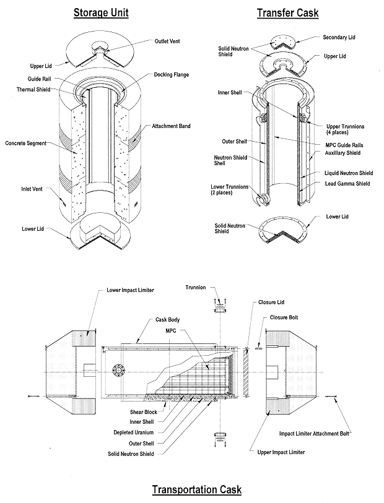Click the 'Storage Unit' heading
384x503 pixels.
pyautogui.click(x=101, y=12)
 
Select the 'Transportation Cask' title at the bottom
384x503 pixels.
pyautogui.click(x=197, y=489)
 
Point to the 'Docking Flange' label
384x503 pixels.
pyautogui.click(x=171, y=75)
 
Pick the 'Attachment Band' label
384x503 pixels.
pyautogui.click(x=171, y=126)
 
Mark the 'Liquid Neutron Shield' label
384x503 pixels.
pyautogui.click(x=349, y=173)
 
